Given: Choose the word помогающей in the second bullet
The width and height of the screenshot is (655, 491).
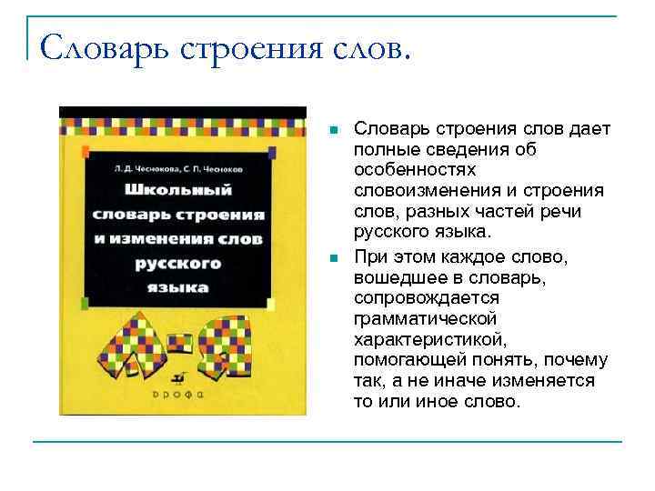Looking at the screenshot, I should click(400, 359).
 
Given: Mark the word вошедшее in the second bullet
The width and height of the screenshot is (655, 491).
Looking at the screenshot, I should click(393, 277).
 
